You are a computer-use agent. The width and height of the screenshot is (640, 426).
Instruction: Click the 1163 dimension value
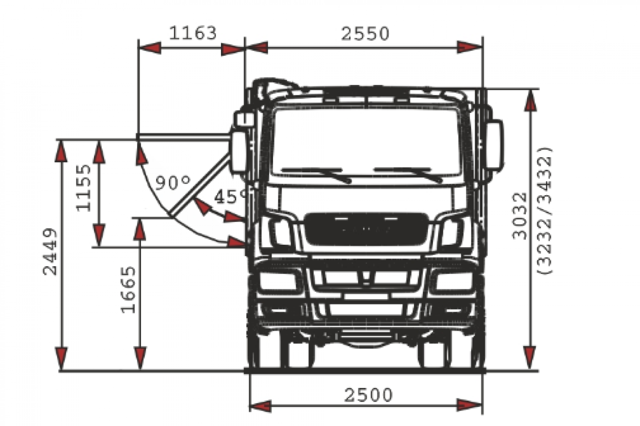[x=193, y=33]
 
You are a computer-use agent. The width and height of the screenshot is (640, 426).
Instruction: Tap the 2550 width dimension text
[x=365, y=33]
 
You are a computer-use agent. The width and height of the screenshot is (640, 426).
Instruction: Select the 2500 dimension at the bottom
[x=368, y=395]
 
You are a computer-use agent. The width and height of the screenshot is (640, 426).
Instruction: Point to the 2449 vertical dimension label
[x=50, y=252]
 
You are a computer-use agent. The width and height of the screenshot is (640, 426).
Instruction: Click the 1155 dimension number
[x=83, y=188]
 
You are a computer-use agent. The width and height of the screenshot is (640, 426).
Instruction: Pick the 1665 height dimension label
[x=128, y=290]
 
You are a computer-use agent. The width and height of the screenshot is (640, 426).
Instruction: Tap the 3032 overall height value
[x=519, y=216]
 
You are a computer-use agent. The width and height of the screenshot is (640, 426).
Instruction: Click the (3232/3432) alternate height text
[x=544, y=211]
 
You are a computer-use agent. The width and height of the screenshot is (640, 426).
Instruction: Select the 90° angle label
[x=173, y=183]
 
